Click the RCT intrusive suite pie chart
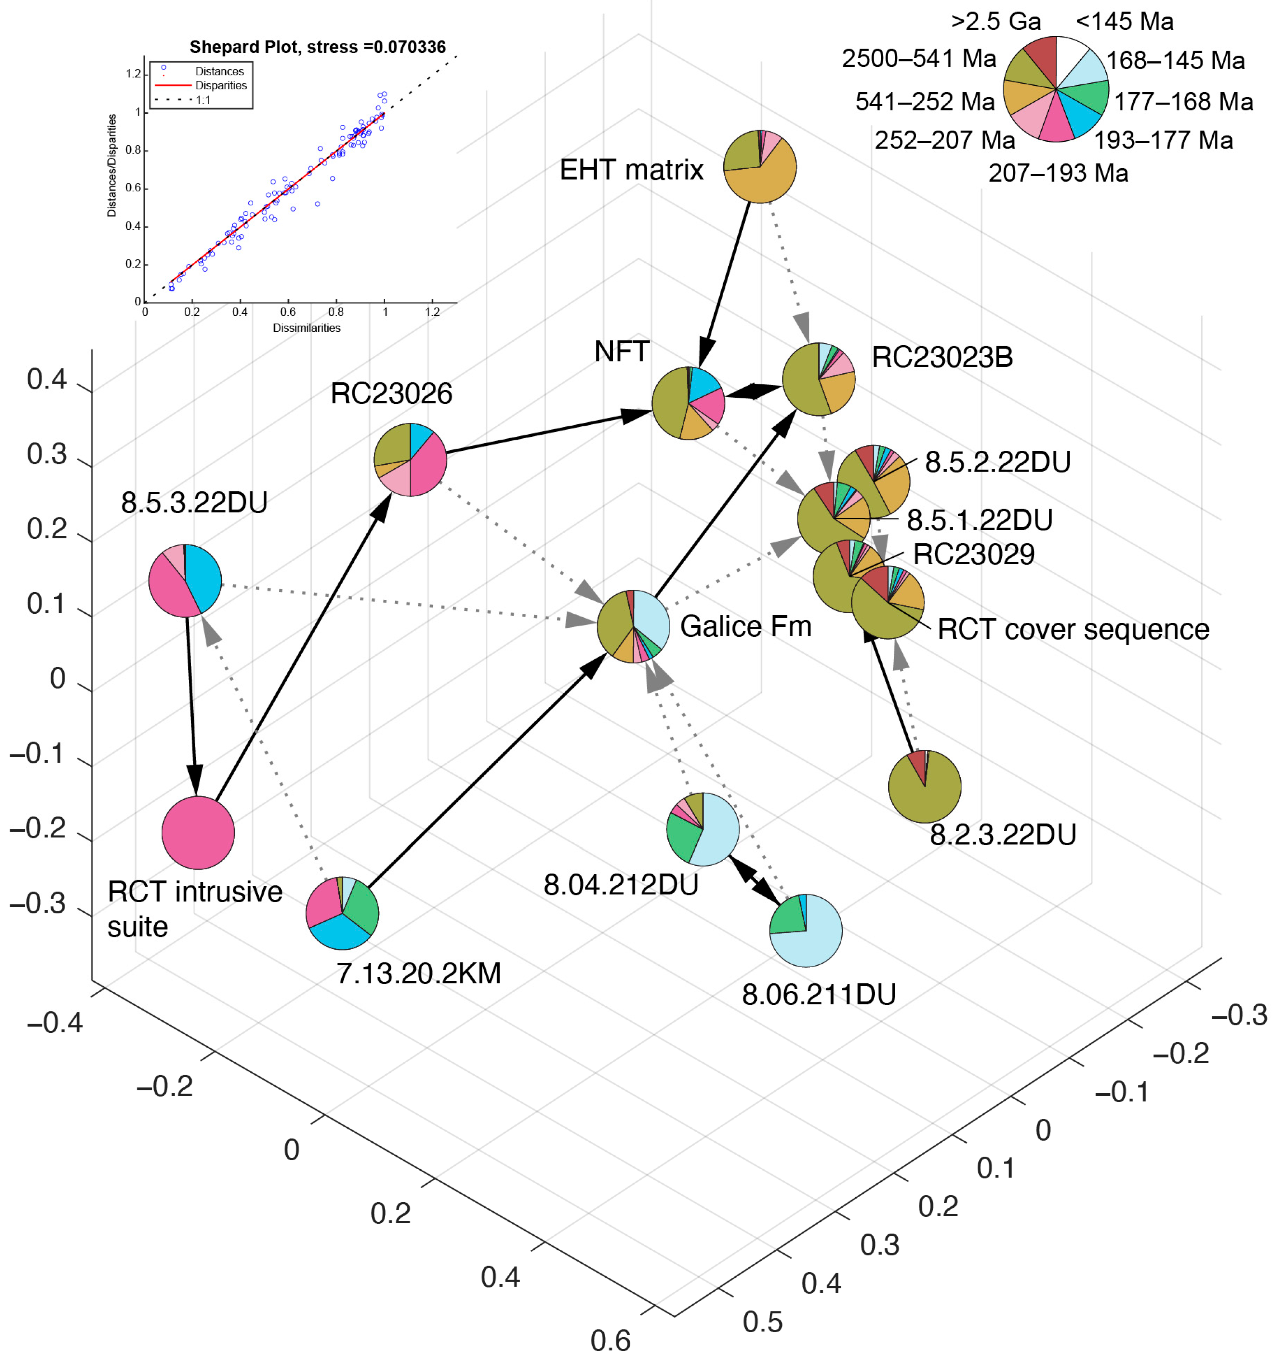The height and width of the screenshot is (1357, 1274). [198, 833]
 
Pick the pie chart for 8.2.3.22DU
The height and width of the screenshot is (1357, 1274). [925, 786]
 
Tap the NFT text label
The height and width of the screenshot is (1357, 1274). [621, 351]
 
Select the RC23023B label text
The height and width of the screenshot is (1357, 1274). [942, 357]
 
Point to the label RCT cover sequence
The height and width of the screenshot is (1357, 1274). [1073, 630]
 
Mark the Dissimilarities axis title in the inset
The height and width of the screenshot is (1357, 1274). [306, 328]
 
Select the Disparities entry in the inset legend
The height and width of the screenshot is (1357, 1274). [220, 85]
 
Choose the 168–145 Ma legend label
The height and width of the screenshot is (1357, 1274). [1175, 61]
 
